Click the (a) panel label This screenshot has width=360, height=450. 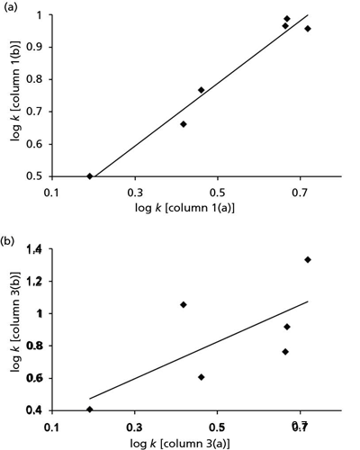[x=10, y=10]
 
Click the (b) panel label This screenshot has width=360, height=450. [x=10, y=242]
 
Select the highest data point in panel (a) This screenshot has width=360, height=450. [x=287, y=19]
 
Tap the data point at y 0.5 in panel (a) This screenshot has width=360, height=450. [x=90, y=176]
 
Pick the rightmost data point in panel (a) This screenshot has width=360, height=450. [x=308, y=29]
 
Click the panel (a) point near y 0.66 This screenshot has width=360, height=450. [x=184, y=124]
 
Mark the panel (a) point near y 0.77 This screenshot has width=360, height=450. [x=201, y=90]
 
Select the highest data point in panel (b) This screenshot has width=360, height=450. [x=308, y=260]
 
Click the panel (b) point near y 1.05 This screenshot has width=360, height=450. [x=184, y=305]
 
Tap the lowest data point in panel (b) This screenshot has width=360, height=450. [x=90, y=409]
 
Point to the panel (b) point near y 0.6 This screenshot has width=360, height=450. [x=201, y=377]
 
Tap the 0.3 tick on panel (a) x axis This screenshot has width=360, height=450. [x=135, y=193]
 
